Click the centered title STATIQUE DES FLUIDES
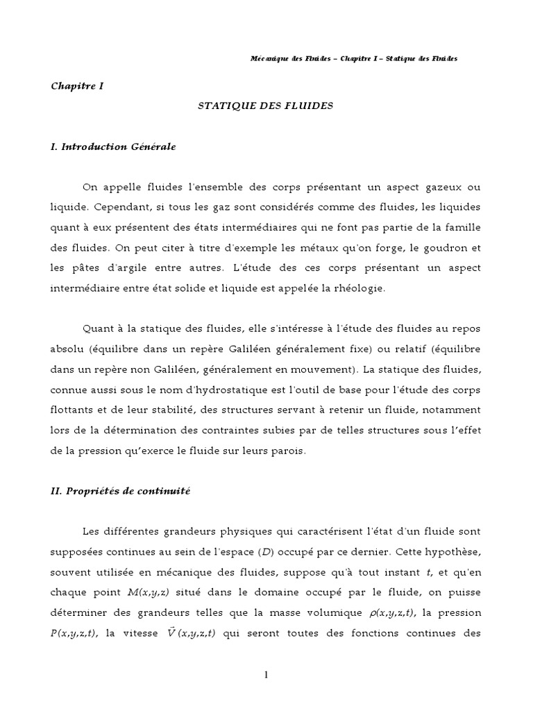coord(266,106)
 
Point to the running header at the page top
coord(353,58)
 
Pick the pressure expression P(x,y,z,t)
coord(75,633)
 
